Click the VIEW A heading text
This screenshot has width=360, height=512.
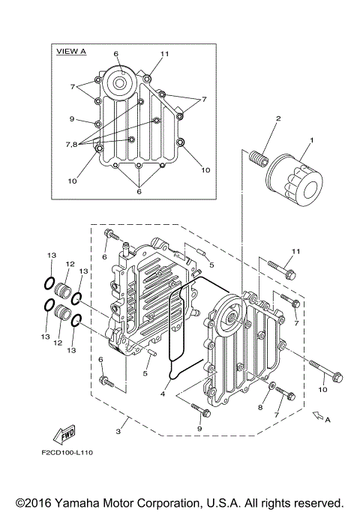[71, 51]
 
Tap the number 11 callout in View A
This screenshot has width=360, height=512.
[165, 54]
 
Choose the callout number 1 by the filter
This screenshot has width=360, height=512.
[313, 140]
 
